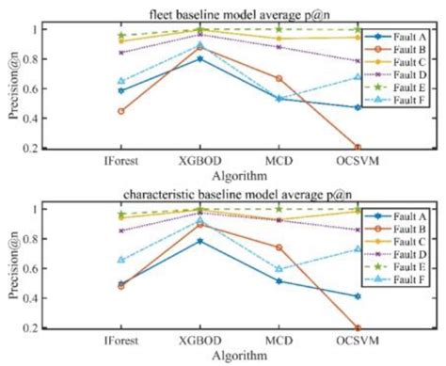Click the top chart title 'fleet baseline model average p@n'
click(223, 11)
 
